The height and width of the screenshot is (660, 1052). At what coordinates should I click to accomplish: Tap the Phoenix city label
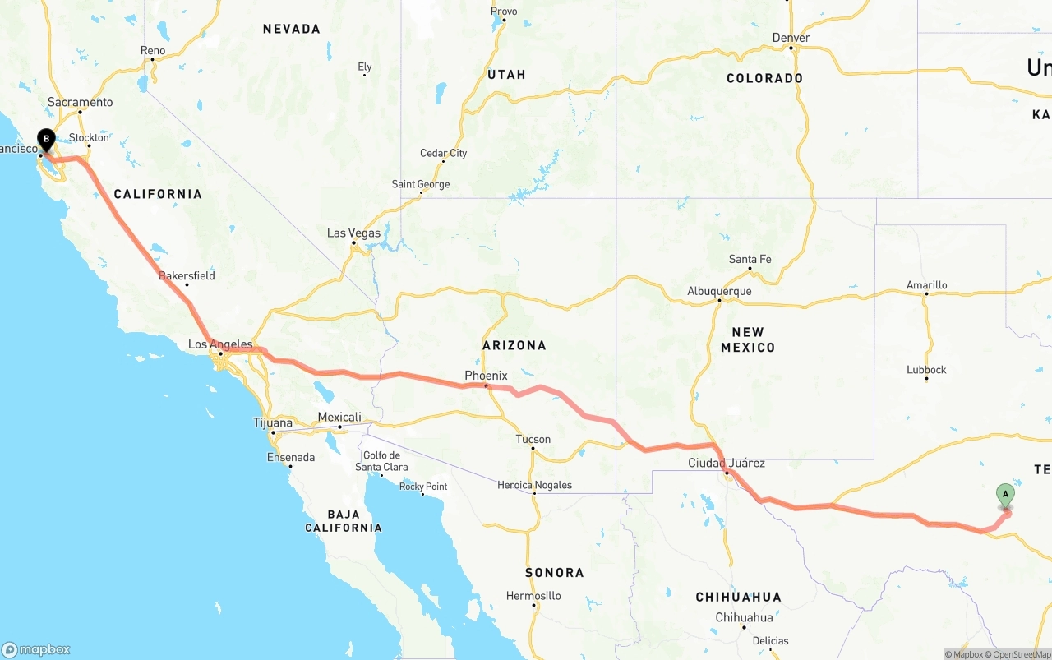click(x=486, y=376)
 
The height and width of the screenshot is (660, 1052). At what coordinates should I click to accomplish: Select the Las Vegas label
click(x=353, y=233)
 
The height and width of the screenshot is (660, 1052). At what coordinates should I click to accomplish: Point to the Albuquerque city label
click(x=719, y=291)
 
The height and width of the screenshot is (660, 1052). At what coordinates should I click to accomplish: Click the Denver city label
click(x=791, y=38)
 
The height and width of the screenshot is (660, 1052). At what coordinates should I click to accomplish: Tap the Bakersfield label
click(x=187, y=275)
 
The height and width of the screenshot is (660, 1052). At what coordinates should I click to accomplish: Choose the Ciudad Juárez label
click(x=727, y=463)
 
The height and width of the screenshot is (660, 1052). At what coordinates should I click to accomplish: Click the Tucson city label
click(x=533, y=439)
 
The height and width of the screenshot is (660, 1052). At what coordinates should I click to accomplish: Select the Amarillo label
click(x=926, y=285)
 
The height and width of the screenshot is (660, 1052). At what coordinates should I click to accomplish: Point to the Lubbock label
click(x=926, y=369)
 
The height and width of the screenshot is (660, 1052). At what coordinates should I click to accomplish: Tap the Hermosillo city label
click(x=533, y=596)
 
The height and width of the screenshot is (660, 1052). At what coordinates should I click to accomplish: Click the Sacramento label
click(x=80, y=102)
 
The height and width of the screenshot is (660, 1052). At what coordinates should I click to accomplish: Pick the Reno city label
click(x=153, y=50)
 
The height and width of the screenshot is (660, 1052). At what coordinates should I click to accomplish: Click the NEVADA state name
click(x=291, y=29)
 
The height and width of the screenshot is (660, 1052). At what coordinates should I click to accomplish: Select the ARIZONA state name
click(x=514, y=345)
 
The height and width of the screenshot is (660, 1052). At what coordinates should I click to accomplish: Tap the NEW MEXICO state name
click(x=747, y=339)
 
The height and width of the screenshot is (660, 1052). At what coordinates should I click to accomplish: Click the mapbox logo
click(x=36, y=649)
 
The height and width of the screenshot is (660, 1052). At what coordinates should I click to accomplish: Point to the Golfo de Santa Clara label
click(x=381, y=461)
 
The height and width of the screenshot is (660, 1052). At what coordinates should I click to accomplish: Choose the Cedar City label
click(x=443, y=153)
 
